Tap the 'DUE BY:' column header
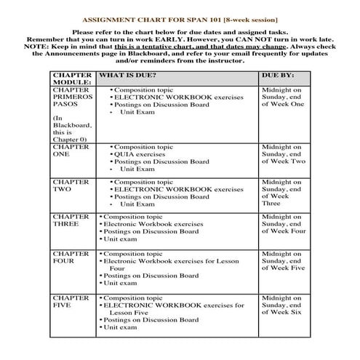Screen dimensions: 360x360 coord(276,75)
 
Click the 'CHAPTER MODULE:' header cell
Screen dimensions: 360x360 coord(72,79)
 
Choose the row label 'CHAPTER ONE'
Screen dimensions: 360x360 coord(72,151)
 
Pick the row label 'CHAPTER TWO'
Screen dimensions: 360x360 coord(72,186)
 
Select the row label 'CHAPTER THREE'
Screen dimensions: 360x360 coord(72,221)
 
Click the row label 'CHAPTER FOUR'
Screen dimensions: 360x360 coord(72,257)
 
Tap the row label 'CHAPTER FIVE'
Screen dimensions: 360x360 coord(72,302)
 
